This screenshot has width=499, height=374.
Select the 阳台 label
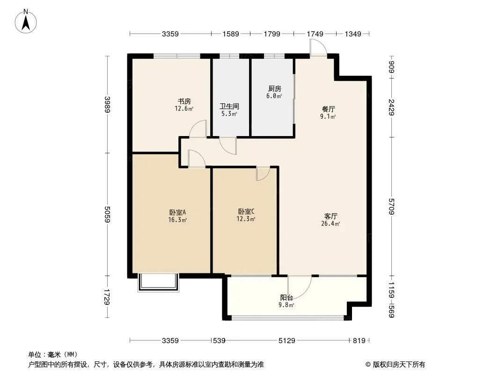(x=287, y=297)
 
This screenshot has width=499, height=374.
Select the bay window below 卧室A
(x=158, y=283)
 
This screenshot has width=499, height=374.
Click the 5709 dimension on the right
(x=392, y=206)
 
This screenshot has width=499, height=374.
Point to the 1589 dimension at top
(x=230, y=34)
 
